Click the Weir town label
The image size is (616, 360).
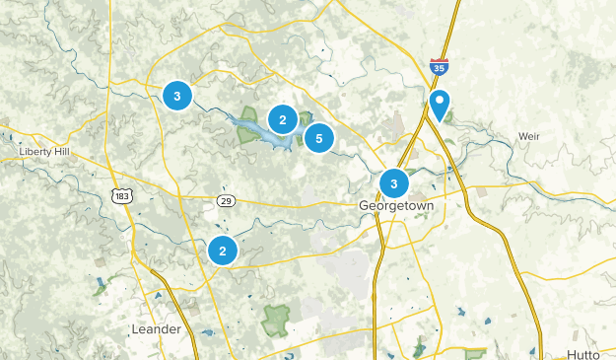tap(530, 137)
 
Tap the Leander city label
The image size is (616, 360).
tap(157, 328)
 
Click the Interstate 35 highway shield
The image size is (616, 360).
tap(439, 68)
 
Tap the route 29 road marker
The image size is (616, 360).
tap(226, 201)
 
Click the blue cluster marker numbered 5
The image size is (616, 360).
tap(318, 139)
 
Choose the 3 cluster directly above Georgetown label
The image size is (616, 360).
tap(394, 183)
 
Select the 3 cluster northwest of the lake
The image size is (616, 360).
tap(176, 96)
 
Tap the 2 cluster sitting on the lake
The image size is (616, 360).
tap(283, 120)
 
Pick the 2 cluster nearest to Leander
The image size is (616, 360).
tap(223, 251)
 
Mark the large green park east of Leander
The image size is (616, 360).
tap(276, 318)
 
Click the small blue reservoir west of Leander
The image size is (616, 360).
tap(102, 287)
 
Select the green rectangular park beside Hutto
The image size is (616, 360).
tap(475, 352)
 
